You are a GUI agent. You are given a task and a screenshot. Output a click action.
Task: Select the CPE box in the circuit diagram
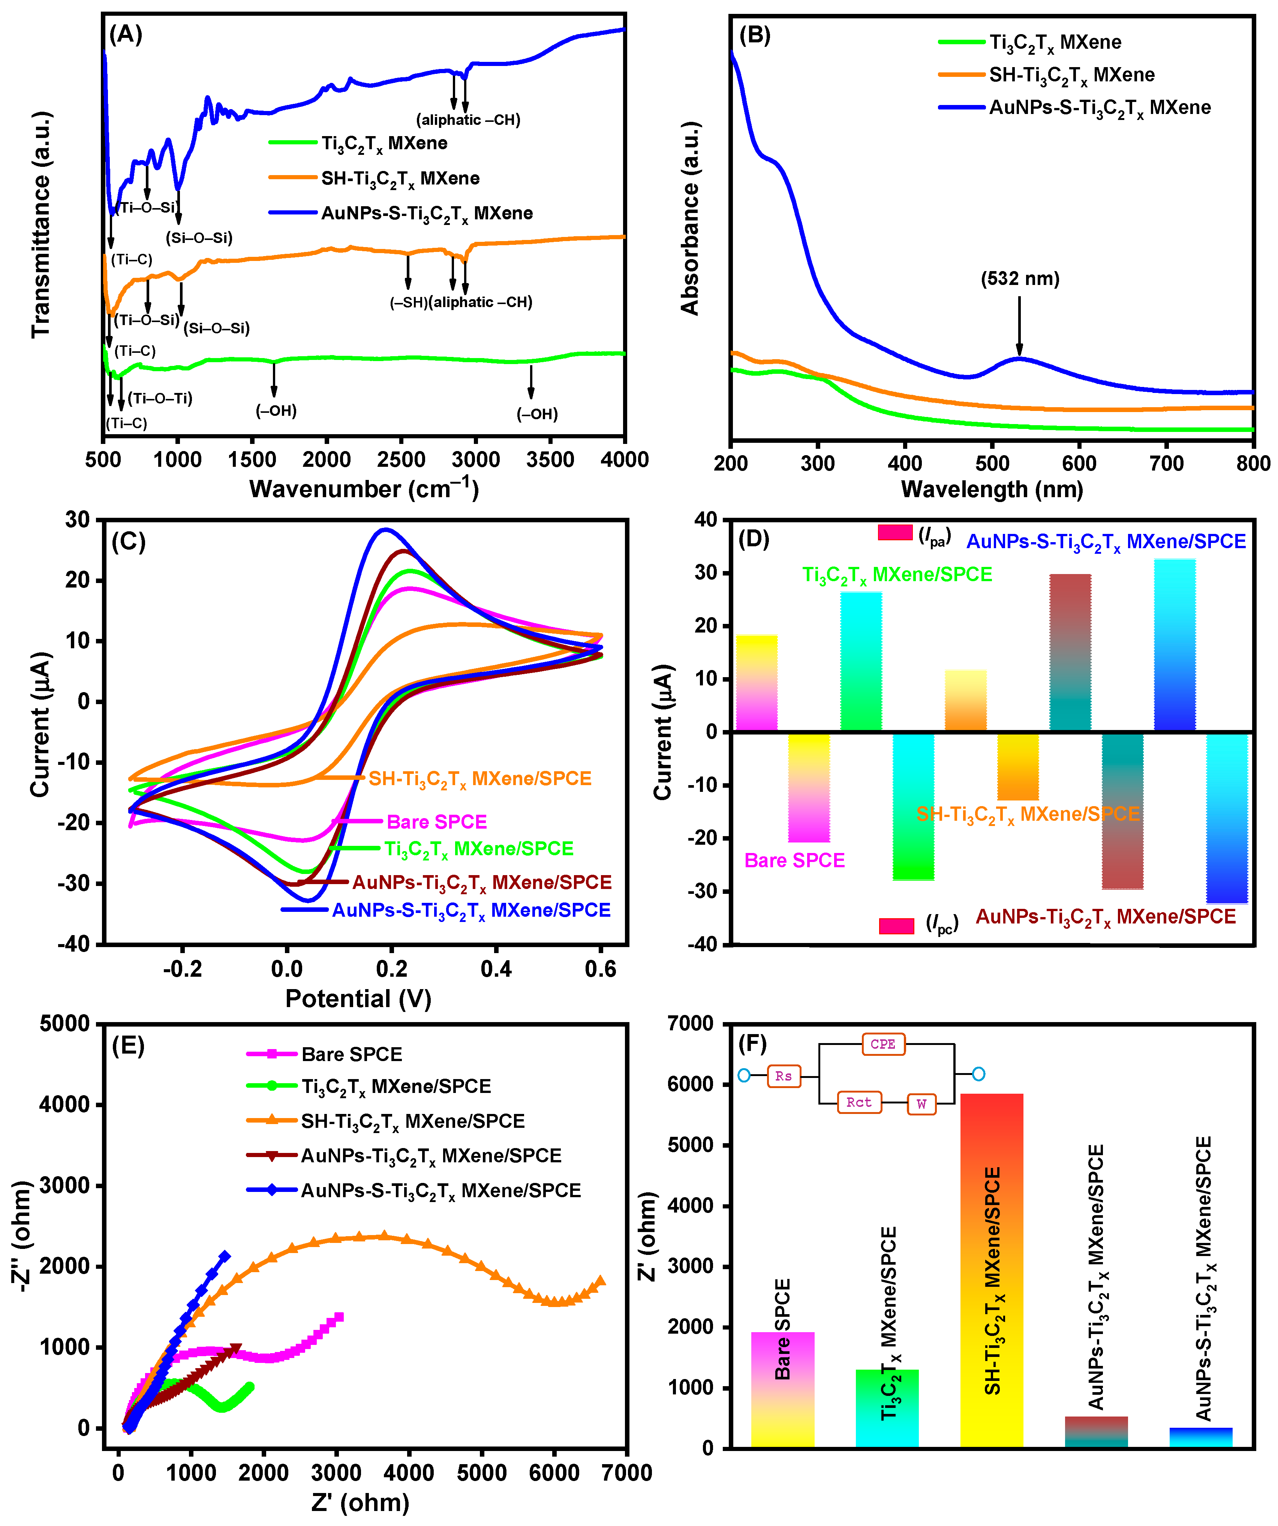coord(883,1044)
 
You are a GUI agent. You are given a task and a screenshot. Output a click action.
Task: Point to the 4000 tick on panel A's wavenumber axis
coord(625,459)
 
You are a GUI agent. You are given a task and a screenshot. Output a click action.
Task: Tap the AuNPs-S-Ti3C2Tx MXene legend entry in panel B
coord(1099,108)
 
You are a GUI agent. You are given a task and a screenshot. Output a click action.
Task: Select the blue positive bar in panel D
coord(1175,644)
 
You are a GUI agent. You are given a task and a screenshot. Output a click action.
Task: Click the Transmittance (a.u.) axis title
coord(41,225)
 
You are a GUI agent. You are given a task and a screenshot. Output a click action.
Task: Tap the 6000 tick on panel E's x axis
coord(554,1473)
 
